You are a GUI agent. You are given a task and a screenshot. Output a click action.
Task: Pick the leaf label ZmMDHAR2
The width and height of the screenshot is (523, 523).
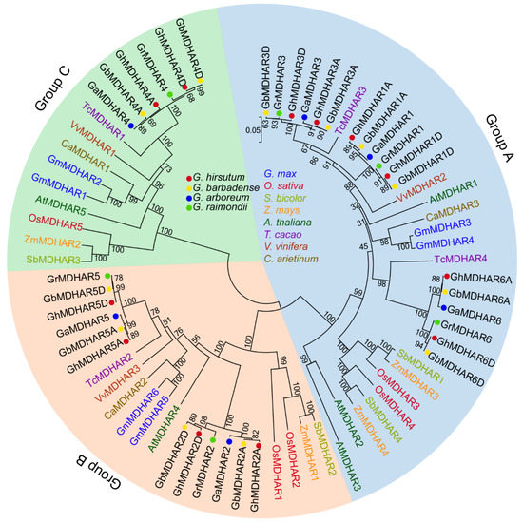tap(53, 244)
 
